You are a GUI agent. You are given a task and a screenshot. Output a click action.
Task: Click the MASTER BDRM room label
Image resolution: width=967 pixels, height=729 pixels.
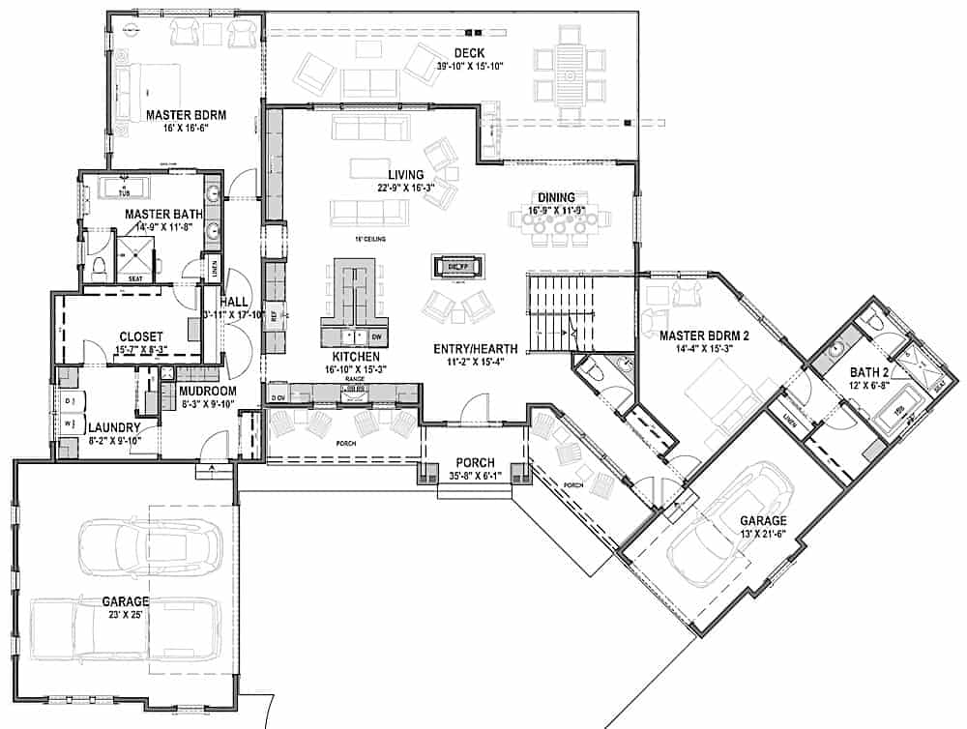click(x=186, y=115)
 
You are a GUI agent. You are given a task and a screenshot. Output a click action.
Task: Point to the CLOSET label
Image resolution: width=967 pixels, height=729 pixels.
click(x=142, y=335)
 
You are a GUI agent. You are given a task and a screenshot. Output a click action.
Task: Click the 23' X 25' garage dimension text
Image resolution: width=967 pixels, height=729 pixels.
click(x=126, y=614)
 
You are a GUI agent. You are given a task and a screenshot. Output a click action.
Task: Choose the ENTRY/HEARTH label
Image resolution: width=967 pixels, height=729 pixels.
click(x=483, y=348)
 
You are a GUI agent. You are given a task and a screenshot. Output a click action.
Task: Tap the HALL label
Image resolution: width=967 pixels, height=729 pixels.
click(x=235, y=301)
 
